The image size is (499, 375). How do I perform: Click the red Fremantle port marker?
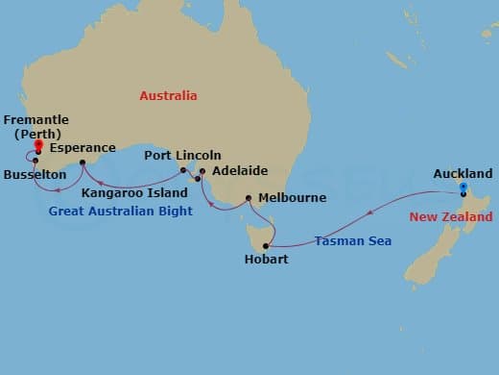[x=37, y=146]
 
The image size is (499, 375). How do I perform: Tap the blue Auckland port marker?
[x=463, y=188]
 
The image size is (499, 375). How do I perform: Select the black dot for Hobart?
[x=266, y=246]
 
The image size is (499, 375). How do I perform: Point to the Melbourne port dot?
[x=249, y=199]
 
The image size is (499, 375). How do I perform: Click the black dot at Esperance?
[x=83, y=162]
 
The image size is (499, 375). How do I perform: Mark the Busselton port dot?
[x=35, y=161]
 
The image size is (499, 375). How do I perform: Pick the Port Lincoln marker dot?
[x=182, y=170]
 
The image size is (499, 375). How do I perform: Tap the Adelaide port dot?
[x=202, y=171]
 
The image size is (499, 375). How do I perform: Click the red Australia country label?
[x=168, y=96]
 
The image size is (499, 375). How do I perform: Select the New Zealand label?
[x=451, y=217]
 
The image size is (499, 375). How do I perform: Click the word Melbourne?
[x=292, y=198]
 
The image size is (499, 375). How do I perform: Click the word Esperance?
[x=83, y=149]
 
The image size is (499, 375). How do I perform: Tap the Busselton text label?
[x=35, y=175]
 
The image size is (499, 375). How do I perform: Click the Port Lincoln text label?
[x=182, y=156]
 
